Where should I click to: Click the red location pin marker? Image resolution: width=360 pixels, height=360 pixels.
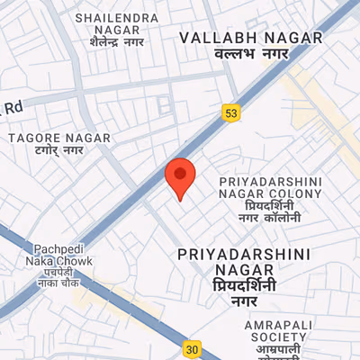pos(180,176)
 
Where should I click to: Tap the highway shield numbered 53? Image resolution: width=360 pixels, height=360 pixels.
pos(231,112)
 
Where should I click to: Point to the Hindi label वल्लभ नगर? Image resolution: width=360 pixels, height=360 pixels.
pos(237,55)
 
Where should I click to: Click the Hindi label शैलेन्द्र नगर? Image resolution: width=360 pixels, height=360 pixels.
pos(118,42)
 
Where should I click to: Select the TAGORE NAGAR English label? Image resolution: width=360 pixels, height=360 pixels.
pos(59,138)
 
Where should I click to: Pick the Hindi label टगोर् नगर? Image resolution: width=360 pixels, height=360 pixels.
pos(58,150)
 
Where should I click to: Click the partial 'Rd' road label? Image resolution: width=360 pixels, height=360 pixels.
pos(12,107)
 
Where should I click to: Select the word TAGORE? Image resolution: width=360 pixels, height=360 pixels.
pos(35,138)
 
